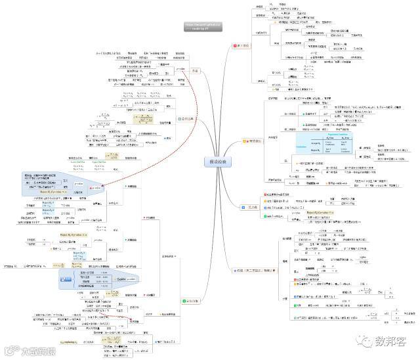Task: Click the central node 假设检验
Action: tap(216, 162)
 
